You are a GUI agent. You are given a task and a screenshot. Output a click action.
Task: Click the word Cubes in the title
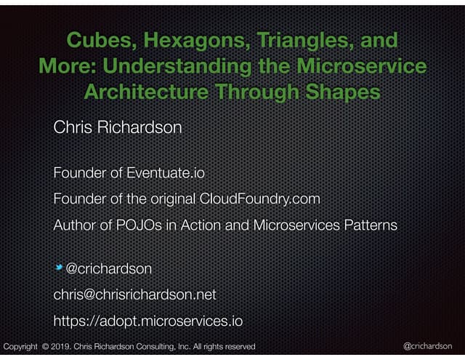[99, 41]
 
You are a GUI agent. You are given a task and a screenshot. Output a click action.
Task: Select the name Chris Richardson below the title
[117, 128]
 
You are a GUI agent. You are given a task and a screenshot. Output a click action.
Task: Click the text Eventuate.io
[166, 173]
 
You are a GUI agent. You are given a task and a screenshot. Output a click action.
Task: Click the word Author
[73, 225]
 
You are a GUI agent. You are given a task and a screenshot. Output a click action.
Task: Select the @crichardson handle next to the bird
[109, 269]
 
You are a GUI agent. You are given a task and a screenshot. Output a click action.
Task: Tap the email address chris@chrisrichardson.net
[134, 295]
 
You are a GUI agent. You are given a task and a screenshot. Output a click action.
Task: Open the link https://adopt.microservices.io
[147, 321]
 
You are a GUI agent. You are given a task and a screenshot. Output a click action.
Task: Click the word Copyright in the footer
[20, 347]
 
